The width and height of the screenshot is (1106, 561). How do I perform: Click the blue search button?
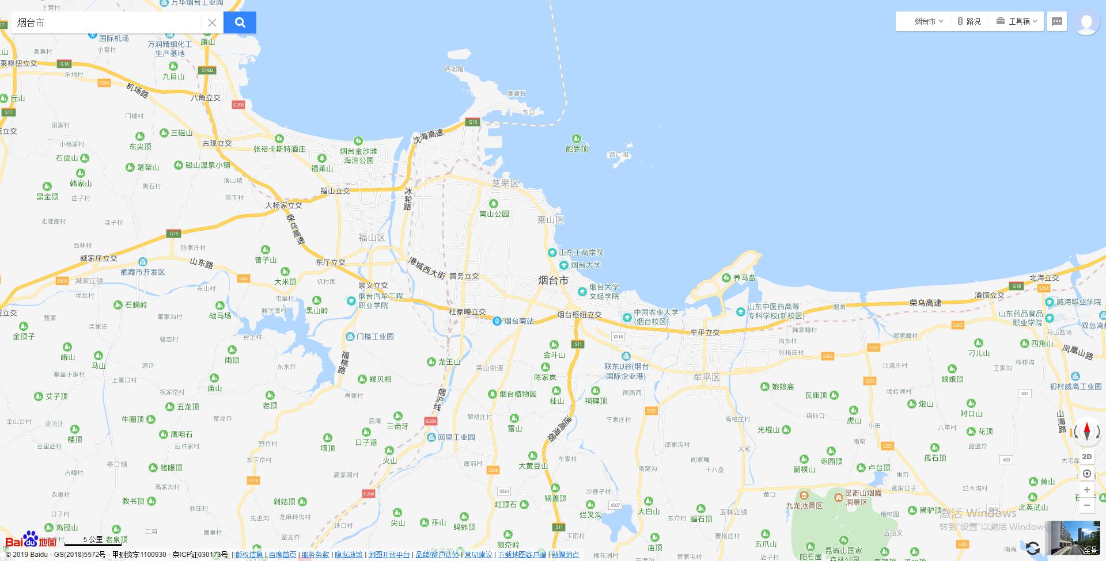[x=240, y=22]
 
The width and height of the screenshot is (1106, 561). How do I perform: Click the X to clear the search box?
[x=212, y=22]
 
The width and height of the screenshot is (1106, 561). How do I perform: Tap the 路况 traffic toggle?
[x=969, y=21]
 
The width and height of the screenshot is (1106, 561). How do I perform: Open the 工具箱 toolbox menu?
[x=1017, y=21]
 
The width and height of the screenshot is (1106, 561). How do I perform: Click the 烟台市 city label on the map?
[x=553, y=280]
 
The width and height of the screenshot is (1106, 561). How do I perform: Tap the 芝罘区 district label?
[x=505, y=184]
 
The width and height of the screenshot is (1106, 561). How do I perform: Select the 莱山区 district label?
[x=550, y=220]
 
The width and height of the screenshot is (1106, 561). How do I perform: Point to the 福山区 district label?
[x=372, y=238]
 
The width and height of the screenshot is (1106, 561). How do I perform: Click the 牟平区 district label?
[x=706, y=377]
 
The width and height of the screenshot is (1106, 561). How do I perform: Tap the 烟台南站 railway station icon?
[x=497, y=321]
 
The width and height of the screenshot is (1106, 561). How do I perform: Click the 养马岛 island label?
[x=744, y=278]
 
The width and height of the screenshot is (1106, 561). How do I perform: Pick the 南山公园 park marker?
[x=494, y=204]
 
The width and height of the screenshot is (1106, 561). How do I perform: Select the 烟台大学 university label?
[x=585, y=265]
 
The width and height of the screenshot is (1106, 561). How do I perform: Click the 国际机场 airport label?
[x=113, y=39]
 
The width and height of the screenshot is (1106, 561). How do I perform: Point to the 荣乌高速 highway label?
[x=925, y=303]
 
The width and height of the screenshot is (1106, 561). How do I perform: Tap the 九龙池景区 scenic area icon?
[x=804, y=495]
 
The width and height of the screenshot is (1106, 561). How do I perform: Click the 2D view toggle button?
[x=1086, y=457]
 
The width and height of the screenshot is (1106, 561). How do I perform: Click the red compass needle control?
[x=1087, y=431]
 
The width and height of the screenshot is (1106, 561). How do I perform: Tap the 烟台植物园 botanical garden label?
[x=517, y=394]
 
